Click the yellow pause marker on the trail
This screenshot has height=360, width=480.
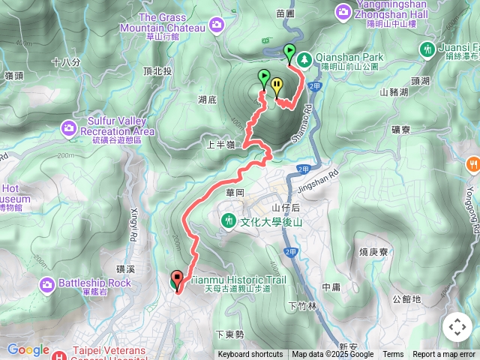click(x=277, y=85)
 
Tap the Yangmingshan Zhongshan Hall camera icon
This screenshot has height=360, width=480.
click(x=343, y=11)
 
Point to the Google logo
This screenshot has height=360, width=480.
click(x=28, y=349)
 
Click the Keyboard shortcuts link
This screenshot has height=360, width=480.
click(x=250, y=355)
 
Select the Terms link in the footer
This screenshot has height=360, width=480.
click(x=393, y=355)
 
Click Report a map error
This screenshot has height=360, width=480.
click(x=444, y=355)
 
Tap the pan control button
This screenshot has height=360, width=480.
click(x=457, y=327)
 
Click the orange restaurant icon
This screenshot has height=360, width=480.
click(x=472, y=163)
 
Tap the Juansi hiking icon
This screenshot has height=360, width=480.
click(x=427, y=49)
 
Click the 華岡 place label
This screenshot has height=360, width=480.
click(x=234, y=193)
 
